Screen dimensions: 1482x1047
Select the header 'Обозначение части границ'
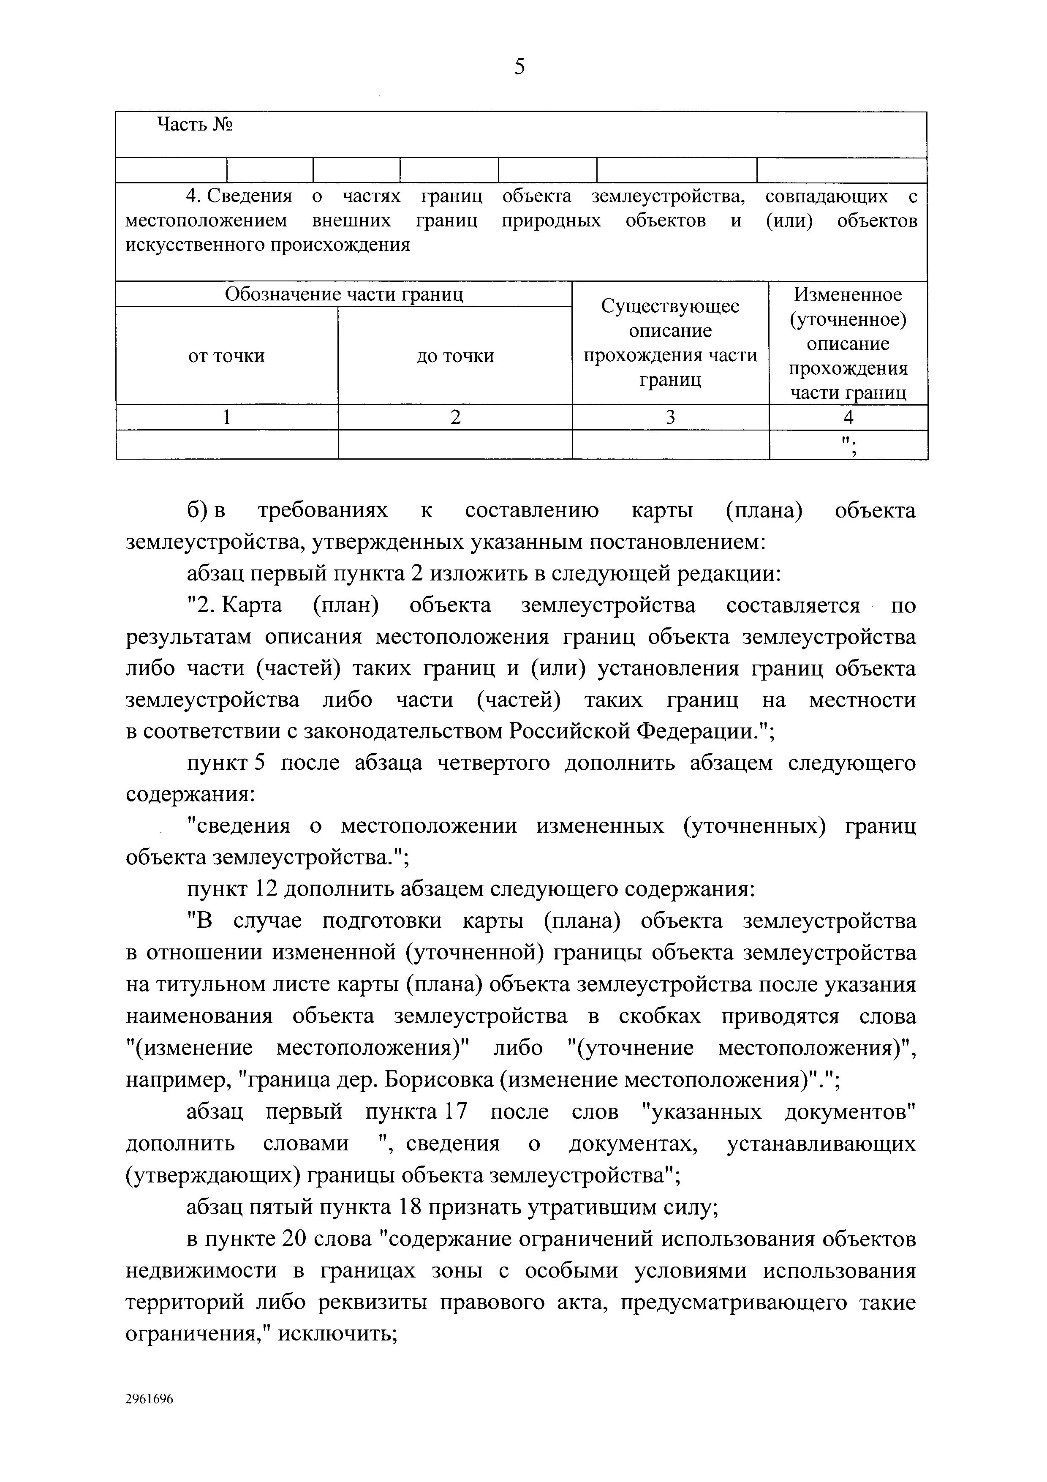(344, 294)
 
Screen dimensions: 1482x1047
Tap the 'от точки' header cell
(226, 356)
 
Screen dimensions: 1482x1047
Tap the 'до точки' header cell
(455, 356)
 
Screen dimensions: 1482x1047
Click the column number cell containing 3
(670, 418)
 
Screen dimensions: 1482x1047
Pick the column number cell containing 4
(848, 418)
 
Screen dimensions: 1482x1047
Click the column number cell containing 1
(226, 418)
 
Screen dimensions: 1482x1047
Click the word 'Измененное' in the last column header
(848, 294)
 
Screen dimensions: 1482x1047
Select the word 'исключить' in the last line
(337, 1334)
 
